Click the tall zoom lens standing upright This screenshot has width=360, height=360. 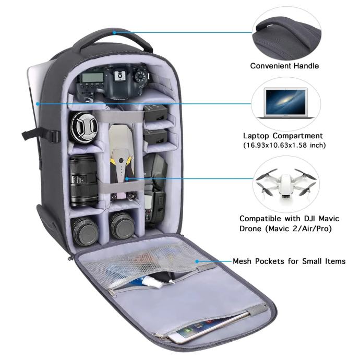coord(84,181)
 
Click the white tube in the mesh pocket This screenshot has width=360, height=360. coord(157,283)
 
